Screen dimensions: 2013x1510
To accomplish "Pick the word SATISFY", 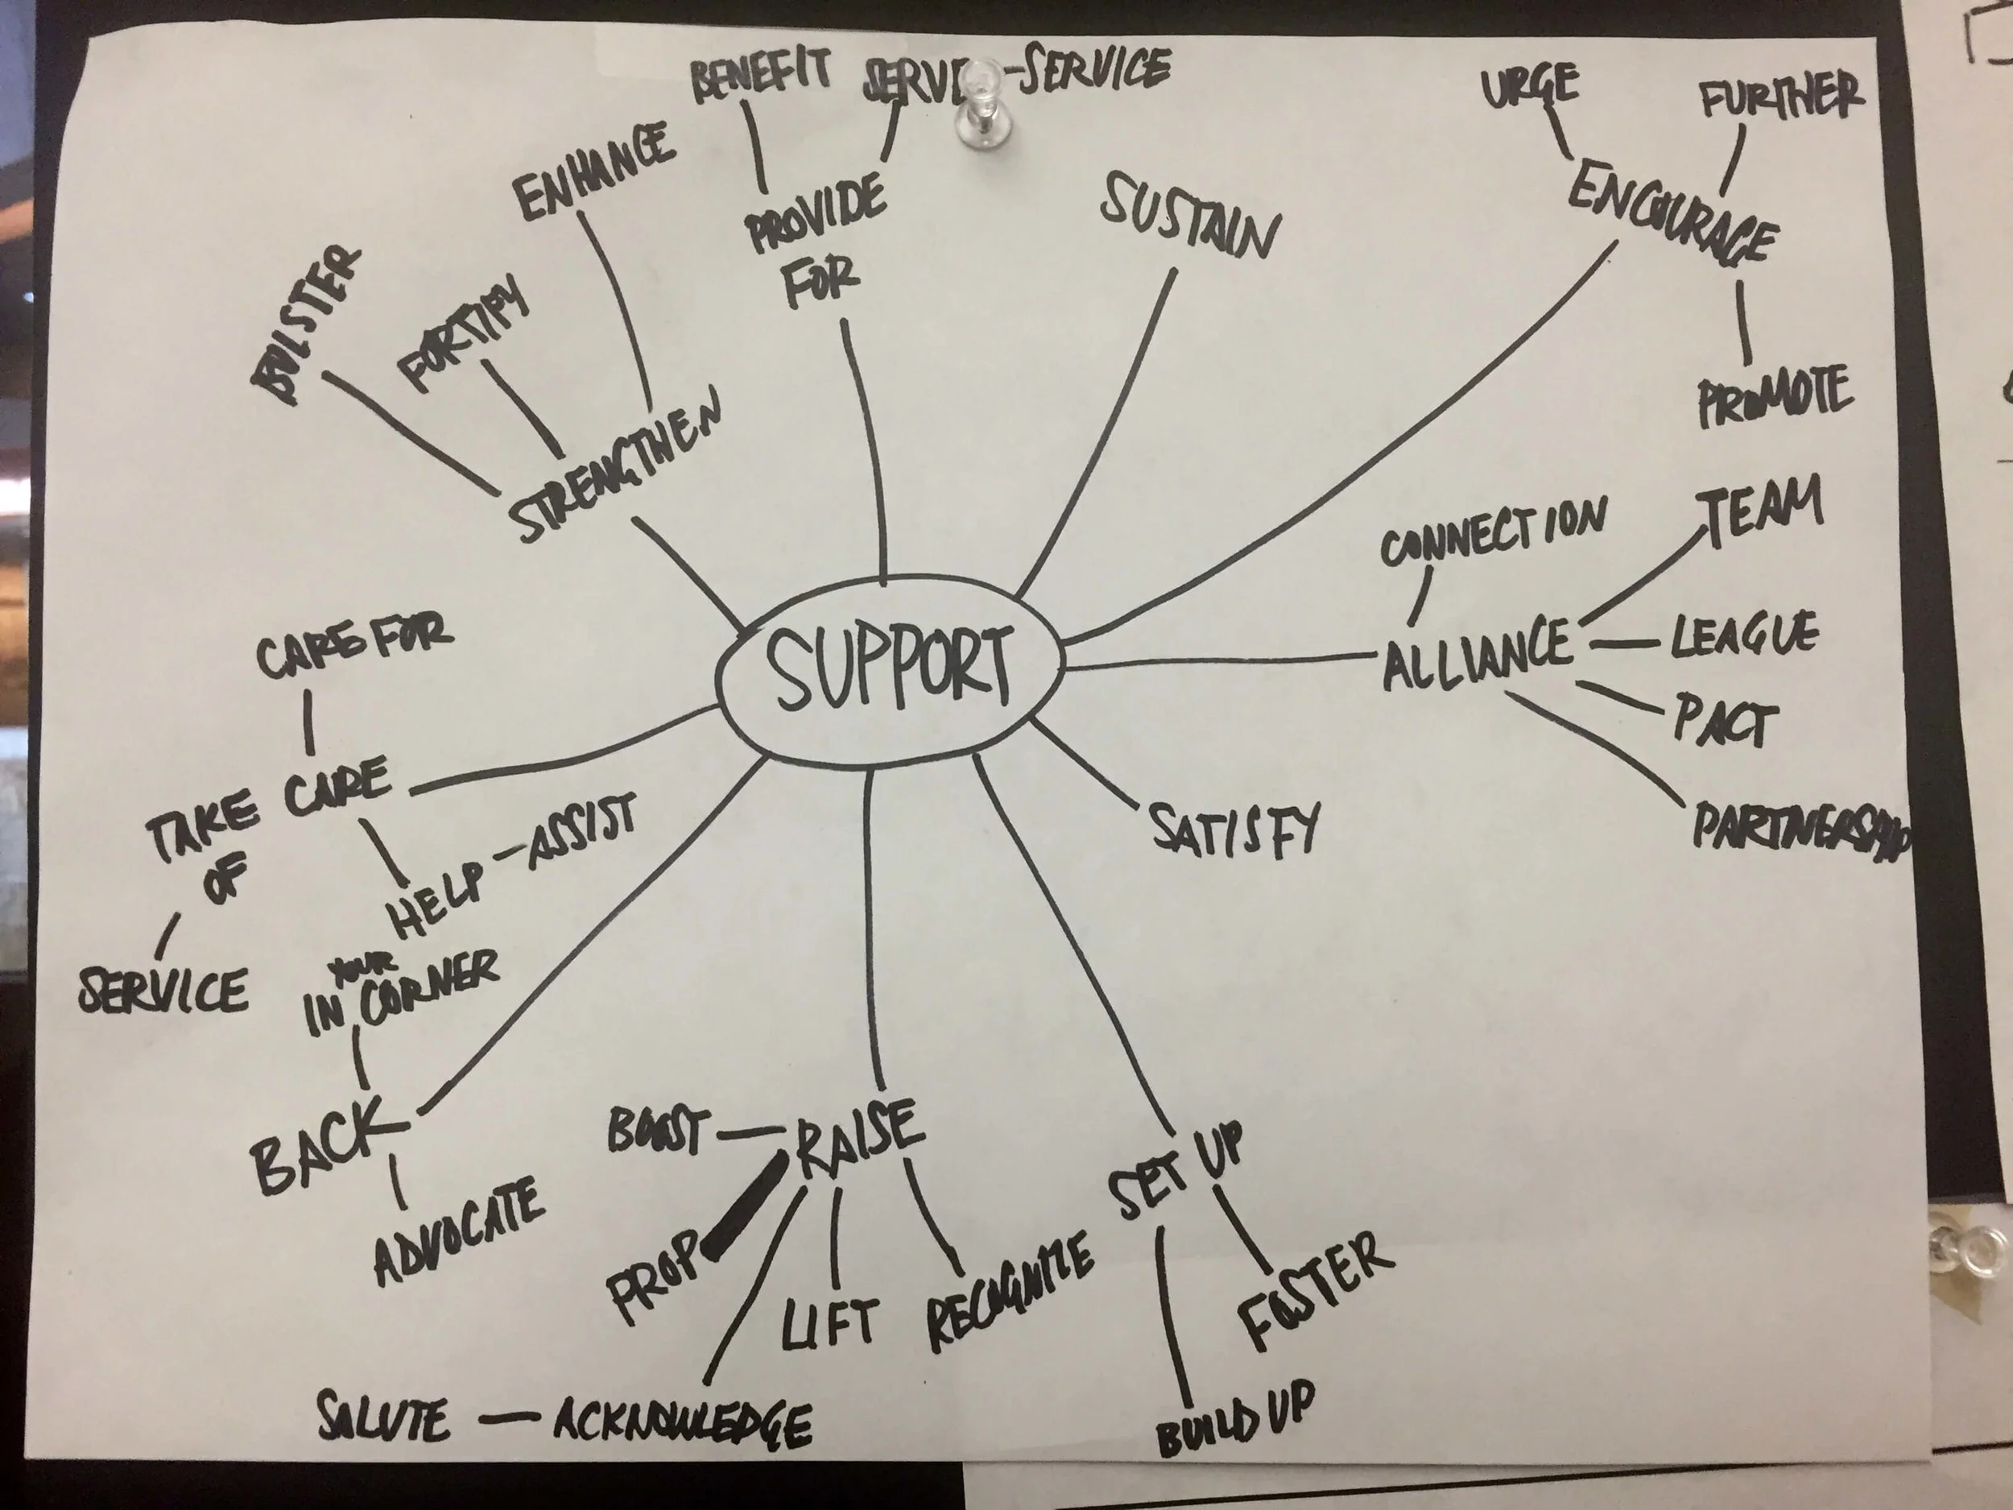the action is click(1234, 829).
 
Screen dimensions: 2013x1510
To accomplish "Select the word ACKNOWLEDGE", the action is click(683, 1421).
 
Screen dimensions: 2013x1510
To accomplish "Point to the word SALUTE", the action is click(383, 1418).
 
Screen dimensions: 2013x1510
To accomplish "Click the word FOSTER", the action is click(1313, 1288).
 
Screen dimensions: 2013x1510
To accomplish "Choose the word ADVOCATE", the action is click(461, 1229).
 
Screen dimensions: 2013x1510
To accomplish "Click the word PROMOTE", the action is click(1774, 397).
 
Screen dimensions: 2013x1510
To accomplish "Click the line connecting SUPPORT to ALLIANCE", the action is click(1219, 662).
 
